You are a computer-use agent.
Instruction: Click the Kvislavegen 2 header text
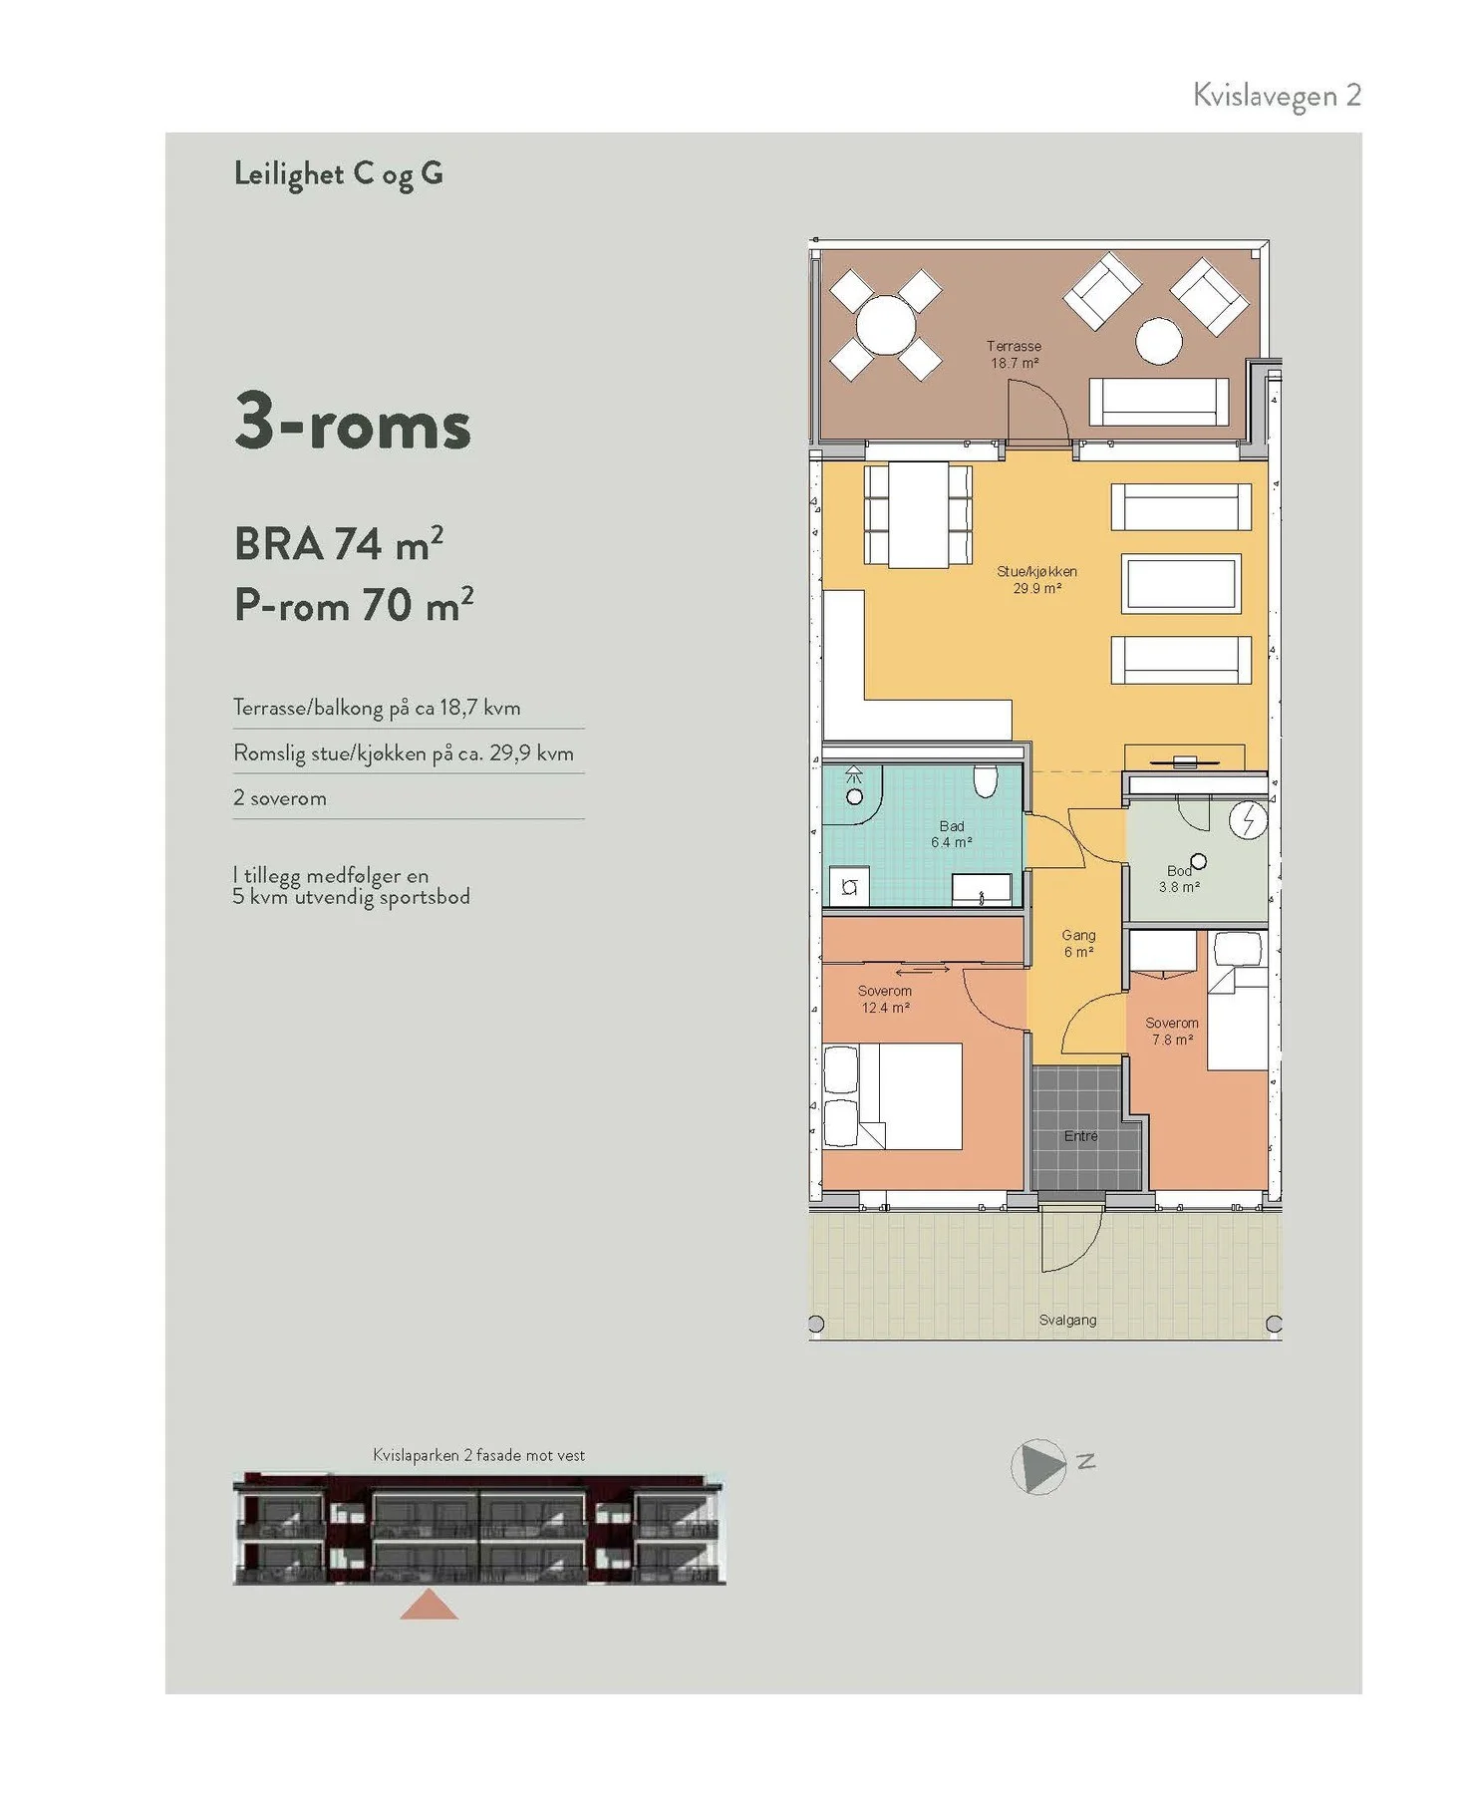[x=1277, y=96]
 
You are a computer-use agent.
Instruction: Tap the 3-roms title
[x=353, y=422]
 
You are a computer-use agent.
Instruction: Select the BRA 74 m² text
[x=339, y=544]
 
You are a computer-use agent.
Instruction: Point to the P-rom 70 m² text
[x=354, y=605]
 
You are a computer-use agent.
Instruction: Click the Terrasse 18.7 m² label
[x=1015, y=355]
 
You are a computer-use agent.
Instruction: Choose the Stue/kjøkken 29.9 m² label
[x=1037, y=580]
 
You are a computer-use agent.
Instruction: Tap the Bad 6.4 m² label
[x=952, y=834]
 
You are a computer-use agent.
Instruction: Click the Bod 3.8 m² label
[x=1179, y=879]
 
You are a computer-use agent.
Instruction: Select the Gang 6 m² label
[x=1078, y=944]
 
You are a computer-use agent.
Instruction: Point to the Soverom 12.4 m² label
[x=885, y=1000]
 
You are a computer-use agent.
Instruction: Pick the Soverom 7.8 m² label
[x=1172, y=1032]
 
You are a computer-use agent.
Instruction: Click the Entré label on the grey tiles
[x=1080, y=1136]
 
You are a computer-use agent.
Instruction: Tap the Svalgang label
[x=1067, y=1320]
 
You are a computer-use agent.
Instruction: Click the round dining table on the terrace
[x=885, y=325]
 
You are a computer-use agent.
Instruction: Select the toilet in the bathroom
[x=985, y=781]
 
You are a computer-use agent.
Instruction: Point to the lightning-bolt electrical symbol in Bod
[x=1248, y=821]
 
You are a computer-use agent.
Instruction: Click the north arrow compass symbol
[x=1038, y=1467]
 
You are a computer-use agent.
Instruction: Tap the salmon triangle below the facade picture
[x=430, y=1606]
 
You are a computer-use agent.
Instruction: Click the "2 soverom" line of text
[x=280, y=798]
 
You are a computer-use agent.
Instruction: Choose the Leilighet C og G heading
[x=339, y=174]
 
